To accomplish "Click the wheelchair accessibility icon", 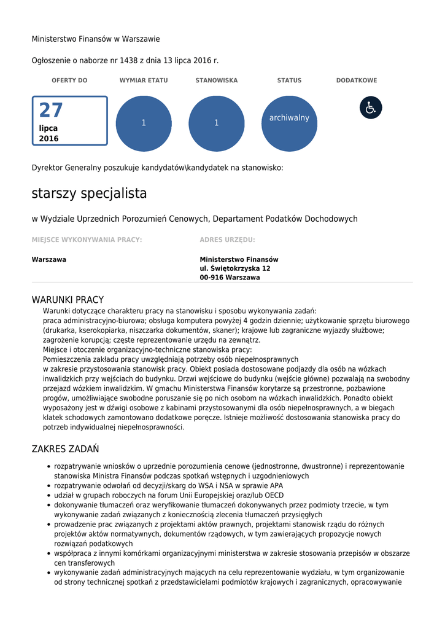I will click(371, 107).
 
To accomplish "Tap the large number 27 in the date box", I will click(51, 111).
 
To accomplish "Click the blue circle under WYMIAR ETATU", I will click(144, 123).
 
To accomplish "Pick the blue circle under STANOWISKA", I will click(216, 123).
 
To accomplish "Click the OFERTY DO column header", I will click(69, 80).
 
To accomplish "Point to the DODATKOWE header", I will click(357, 80).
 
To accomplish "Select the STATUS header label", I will click(289, 80).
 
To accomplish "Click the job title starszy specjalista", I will click(89, 193).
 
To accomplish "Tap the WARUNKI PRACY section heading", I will click(68, 300).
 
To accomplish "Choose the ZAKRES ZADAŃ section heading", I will click(65, 449).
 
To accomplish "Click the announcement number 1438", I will click(129, 61).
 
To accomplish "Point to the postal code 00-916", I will click(212, 278).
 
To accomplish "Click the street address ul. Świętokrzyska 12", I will click(235, 268).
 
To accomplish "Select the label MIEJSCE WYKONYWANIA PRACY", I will click(87, 240).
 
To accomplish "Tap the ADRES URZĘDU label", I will click(227, 240).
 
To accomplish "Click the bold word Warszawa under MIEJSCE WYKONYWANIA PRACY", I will click(49, 260).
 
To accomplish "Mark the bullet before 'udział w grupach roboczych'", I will click(48, 496).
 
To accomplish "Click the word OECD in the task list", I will click(274, 496).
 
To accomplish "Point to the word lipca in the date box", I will click(48, 128).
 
